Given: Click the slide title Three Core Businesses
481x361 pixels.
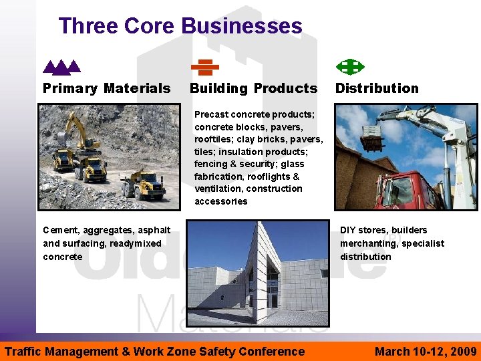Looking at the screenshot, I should [180, 26].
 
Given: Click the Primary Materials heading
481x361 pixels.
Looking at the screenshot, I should [106, 88].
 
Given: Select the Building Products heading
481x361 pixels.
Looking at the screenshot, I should [253, 88].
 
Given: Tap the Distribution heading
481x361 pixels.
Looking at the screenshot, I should [377, 88].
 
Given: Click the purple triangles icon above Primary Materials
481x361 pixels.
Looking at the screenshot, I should [61, 67].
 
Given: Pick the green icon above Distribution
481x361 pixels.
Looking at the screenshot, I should [349, 67].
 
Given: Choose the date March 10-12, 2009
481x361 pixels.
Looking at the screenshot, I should [426, 351].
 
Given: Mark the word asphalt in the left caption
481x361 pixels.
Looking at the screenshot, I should [153, 230].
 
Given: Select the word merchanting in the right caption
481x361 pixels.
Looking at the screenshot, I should [367, 243].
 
